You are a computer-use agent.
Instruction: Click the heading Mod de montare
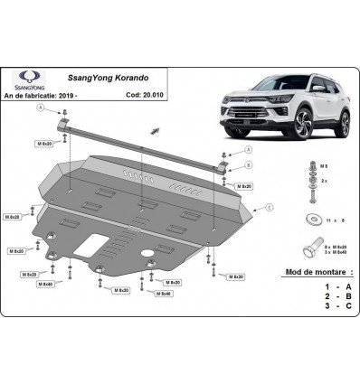coord(313,272)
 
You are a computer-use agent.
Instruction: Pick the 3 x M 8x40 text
coord(336,252)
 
